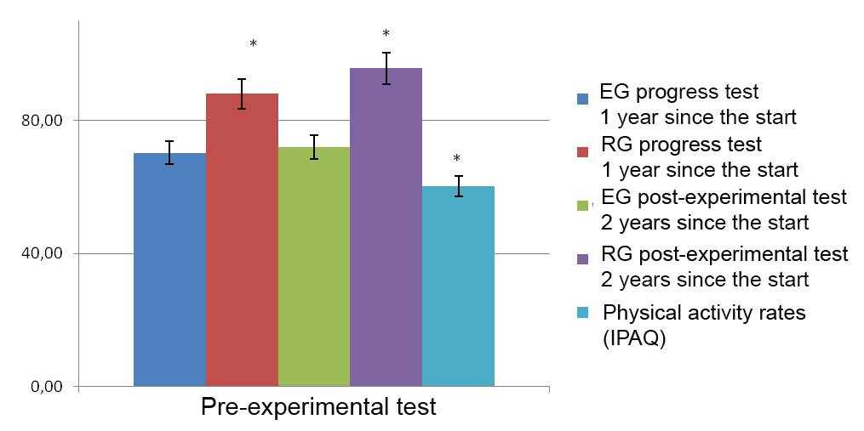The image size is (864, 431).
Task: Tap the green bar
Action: [x=314, y=267]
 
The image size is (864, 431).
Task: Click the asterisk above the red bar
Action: [x=253, y=44]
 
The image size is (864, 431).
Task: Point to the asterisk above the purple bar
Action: [x=386, y=35]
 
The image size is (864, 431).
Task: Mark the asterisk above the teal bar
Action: [x=457, y=159]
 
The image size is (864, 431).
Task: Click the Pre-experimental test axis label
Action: [x=318, y=407]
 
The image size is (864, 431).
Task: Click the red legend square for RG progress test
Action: [x=583, y=152]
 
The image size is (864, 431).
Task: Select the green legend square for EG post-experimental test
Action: [x=583, y=206]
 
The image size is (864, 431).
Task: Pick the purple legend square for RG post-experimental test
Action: [x=583, y=260]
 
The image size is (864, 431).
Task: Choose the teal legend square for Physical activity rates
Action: [x=583, y=314]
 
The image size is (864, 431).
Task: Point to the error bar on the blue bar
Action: [x=169, y=152]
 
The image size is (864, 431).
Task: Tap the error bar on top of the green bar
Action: [x=314, y=146]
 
